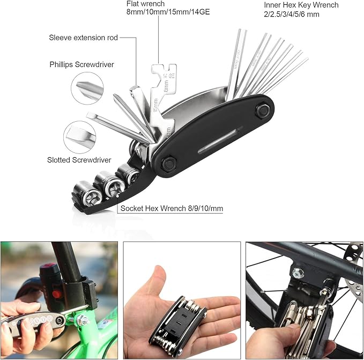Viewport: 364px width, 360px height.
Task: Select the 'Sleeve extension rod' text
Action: pyautogui.click(x=83, y=38)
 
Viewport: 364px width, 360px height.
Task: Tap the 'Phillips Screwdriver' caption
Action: pyautogui.click(x=81, y=65)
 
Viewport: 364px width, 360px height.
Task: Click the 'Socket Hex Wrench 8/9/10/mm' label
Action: pyautogui.click(x=171, y=209)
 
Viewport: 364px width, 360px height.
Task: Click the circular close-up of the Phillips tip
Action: pyautogui.click(x=86, y=87)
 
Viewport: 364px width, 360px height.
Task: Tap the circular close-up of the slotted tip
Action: pyautogui.click(x=79, y=136)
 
